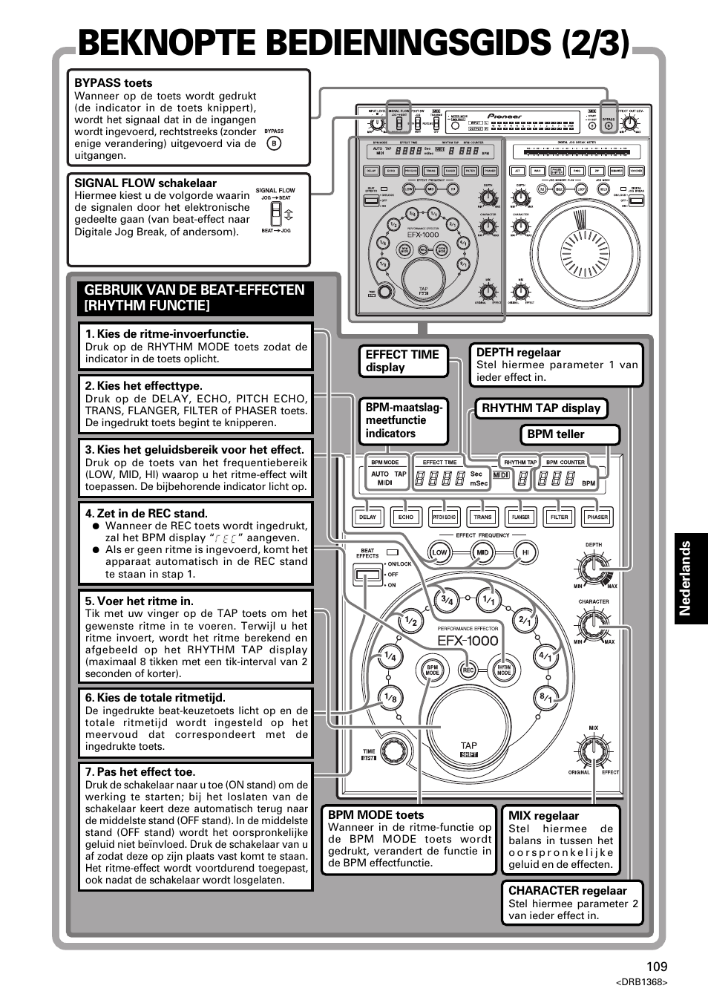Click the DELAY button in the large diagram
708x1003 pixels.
click(367, 517)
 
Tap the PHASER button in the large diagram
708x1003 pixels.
click(597, 517)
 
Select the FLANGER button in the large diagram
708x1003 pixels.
click(521, 517)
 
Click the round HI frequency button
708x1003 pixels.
click(525, 552)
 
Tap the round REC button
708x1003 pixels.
click(468, 670)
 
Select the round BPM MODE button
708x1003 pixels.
click(432, 669)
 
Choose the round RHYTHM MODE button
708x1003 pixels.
click(504, 669)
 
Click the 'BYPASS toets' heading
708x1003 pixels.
click(113, 83)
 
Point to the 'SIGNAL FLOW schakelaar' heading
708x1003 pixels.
click(145, 183)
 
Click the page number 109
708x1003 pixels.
click(656, 966)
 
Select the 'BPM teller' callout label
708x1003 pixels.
click(556, 434)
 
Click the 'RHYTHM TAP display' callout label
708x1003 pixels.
click(541, 408)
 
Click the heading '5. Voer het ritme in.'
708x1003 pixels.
click(139, 601)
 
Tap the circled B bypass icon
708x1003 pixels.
click(274, 143)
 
